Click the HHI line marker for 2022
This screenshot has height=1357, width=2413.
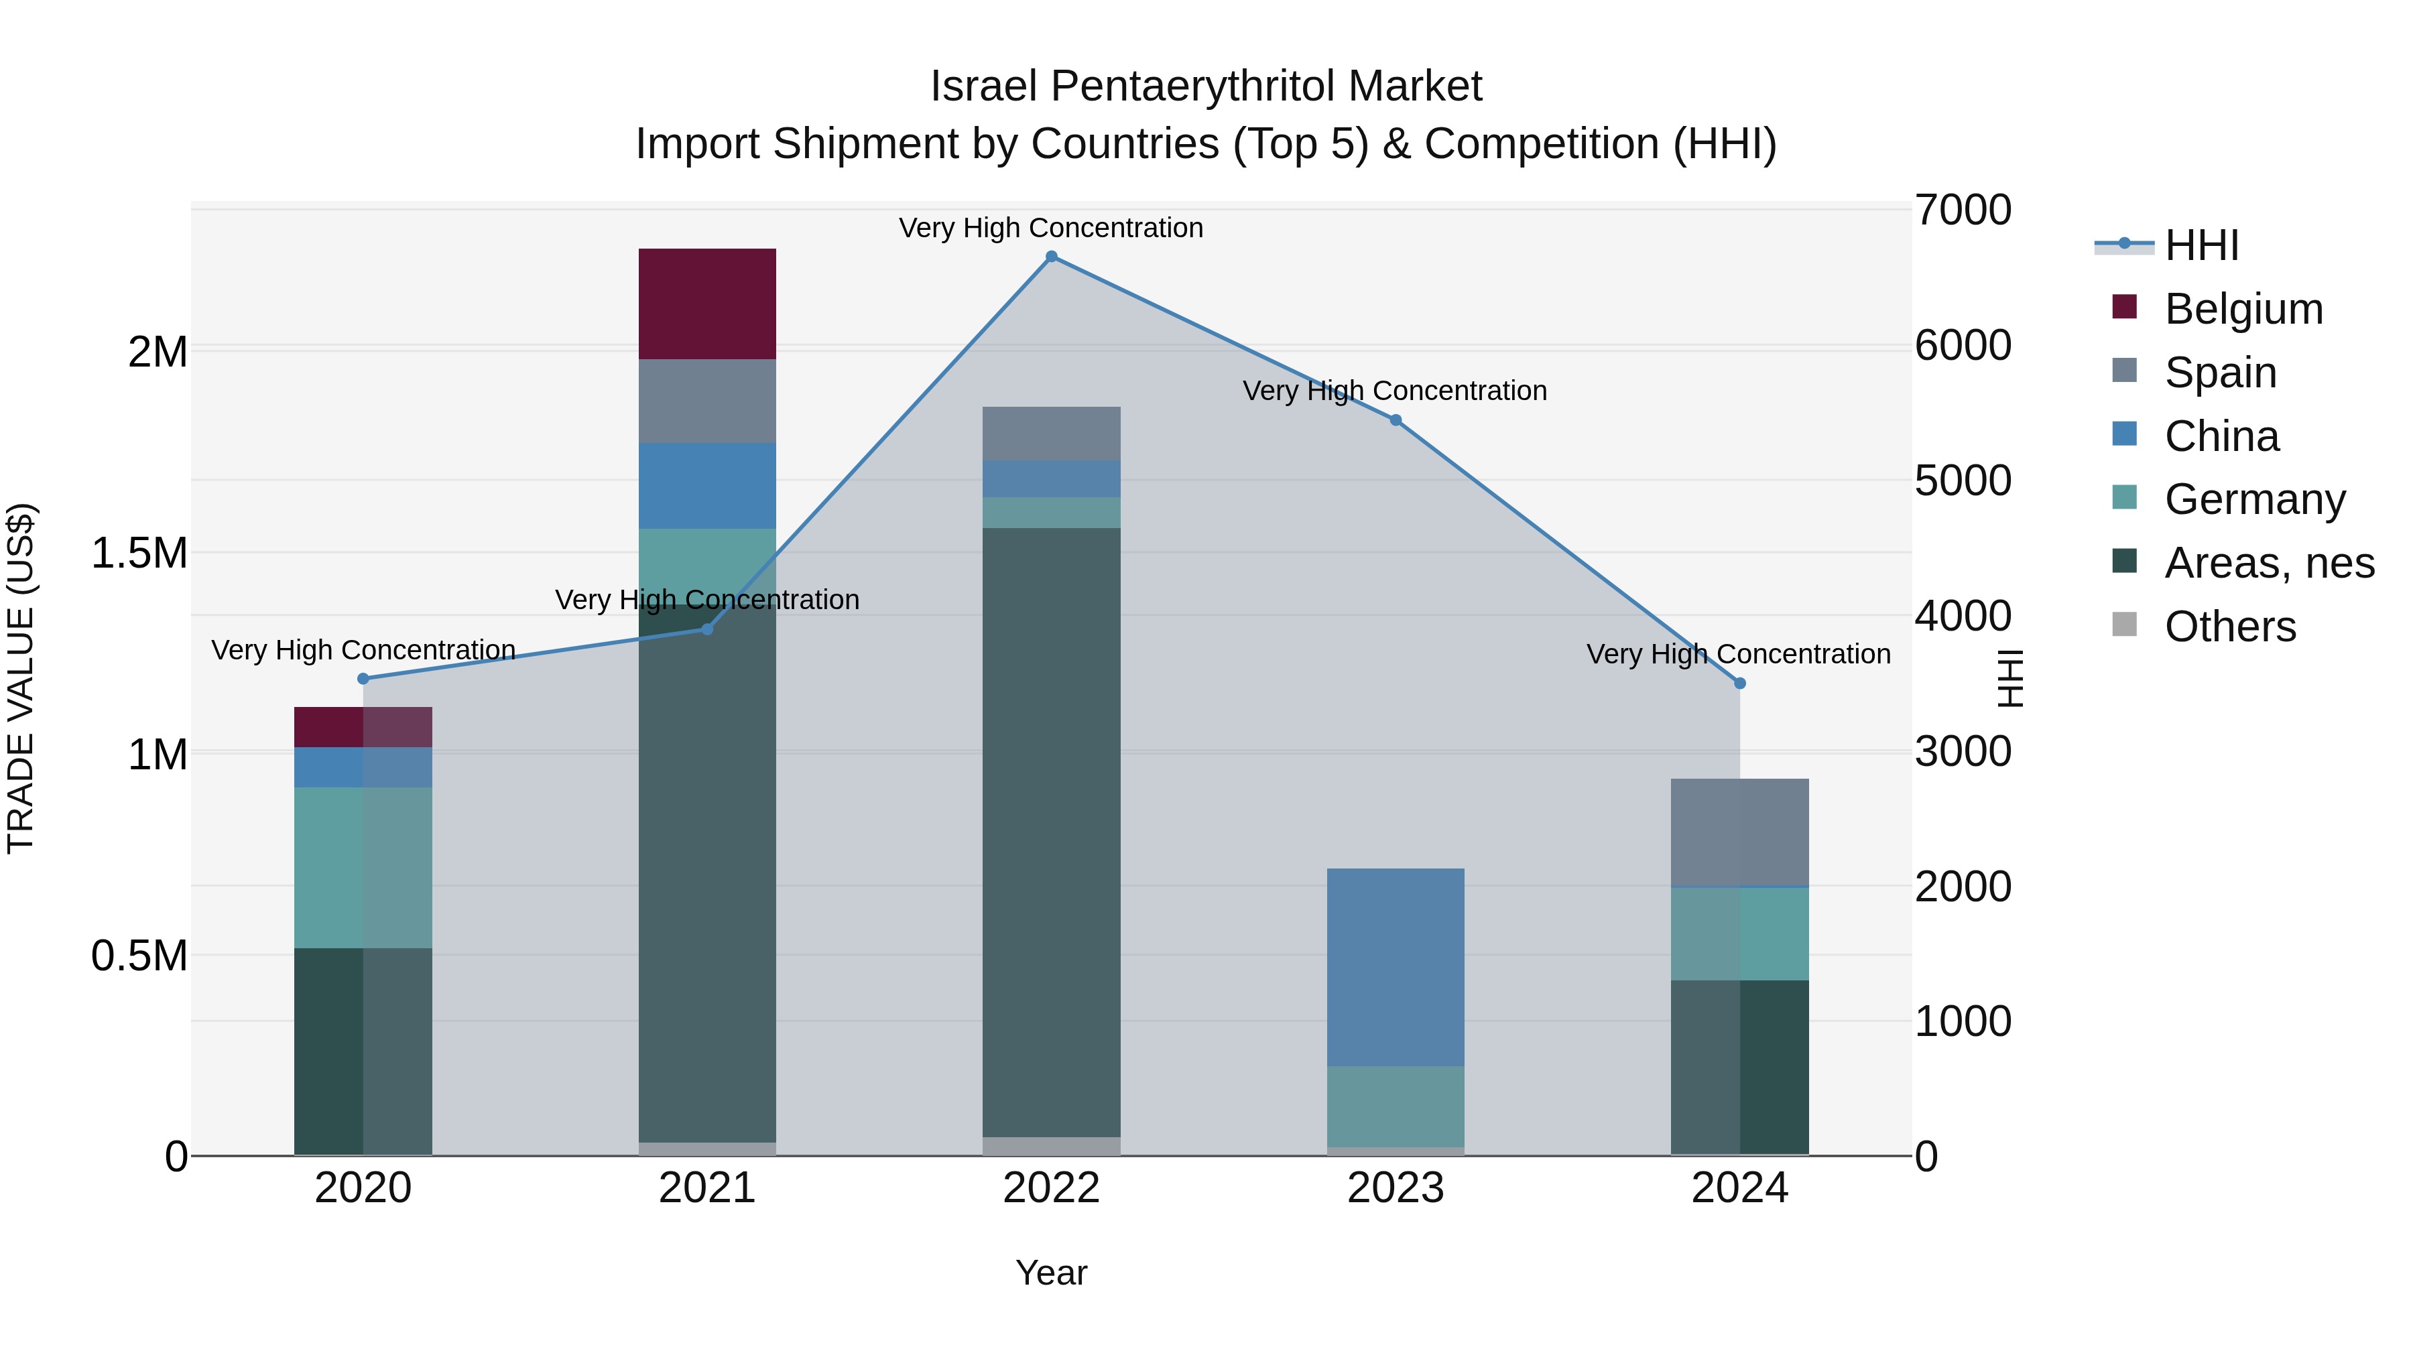(1051, 257)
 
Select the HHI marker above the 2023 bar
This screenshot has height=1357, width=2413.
(1396, 420)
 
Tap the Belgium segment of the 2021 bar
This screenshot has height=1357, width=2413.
(707, 304)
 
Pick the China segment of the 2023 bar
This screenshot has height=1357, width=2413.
(1396, 966)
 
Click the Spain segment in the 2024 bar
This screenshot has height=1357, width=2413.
(1739, 832)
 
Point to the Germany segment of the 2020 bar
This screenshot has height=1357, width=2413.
(363, 867)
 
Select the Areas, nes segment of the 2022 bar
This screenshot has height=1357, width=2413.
(1051, 832)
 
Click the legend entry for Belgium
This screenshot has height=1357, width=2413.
(2243, 309)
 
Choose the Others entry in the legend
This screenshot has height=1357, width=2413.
(2229, 627)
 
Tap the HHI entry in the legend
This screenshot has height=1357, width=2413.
(2201, 245)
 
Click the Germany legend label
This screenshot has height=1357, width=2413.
(2255, 499)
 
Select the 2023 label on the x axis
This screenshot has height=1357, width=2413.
(1396, 1188)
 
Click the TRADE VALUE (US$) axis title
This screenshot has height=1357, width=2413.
(21, 679)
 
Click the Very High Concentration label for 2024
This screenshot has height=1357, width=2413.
(1739, 653)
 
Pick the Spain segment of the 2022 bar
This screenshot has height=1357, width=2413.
(1051, 434)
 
